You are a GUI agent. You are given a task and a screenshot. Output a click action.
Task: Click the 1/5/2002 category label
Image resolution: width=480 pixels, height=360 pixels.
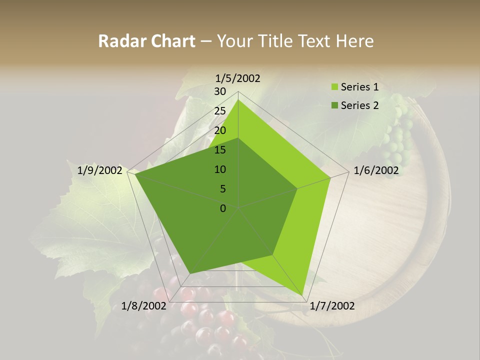point(238,78)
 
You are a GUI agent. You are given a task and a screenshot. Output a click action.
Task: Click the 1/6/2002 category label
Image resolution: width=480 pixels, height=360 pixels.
point(376,170)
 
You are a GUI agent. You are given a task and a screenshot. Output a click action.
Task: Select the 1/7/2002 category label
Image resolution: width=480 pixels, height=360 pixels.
point(332,306)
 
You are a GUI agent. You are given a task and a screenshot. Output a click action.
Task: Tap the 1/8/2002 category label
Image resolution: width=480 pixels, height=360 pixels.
point(143,306)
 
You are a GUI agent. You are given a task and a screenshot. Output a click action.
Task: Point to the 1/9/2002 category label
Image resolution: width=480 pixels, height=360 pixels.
point(100,170)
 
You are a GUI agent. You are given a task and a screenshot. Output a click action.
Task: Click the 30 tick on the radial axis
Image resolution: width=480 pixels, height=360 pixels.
point(220,91)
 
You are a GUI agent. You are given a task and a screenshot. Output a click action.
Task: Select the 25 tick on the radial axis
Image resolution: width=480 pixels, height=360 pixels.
point(220,111)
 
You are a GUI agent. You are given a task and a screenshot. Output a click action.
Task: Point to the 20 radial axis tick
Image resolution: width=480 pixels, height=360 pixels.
point(220,130)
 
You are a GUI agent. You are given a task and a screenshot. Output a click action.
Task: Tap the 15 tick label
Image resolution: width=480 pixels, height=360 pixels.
point(220,150)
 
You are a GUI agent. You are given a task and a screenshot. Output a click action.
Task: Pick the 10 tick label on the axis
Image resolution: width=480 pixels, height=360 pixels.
point(220,169)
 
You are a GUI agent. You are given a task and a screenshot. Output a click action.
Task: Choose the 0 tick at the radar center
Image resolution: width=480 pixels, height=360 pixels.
point(223,208)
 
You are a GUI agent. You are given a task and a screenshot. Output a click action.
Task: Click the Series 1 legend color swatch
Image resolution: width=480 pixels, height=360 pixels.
point(334,87)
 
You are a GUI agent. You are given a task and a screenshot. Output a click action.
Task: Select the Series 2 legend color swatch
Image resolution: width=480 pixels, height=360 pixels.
point(334,105)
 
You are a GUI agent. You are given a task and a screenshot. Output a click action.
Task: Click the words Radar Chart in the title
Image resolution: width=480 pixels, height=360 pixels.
point(146,41)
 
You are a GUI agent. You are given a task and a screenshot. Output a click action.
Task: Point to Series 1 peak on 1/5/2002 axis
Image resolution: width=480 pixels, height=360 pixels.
point(238,100)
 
